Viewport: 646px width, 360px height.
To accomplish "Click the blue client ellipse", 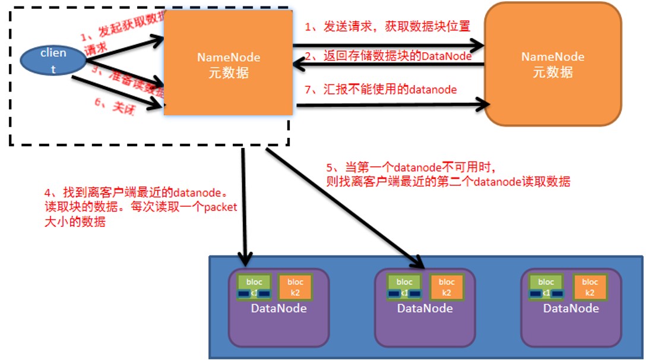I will coord(53,61).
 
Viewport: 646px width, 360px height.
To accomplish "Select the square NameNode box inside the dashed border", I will coord(229,62).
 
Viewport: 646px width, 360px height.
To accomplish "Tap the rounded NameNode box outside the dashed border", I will coord(553,64).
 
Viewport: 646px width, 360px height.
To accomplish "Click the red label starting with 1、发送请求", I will coord(387,27).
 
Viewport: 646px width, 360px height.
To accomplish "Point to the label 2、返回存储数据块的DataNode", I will coord(388,56).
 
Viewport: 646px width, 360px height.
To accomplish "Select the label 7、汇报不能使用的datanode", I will coord(381,90).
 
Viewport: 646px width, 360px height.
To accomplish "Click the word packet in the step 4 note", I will coord(220,207).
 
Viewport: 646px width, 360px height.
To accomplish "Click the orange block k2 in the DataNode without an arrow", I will coord(590,287).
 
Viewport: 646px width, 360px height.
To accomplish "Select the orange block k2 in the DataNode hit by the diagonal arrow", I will coord(446,287).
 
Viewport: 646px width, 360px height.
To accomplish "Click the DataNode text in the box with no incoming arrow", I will coord(571,308).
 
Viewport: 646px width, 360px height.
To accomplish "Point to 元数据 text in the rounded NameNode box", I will coord(553,72).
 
